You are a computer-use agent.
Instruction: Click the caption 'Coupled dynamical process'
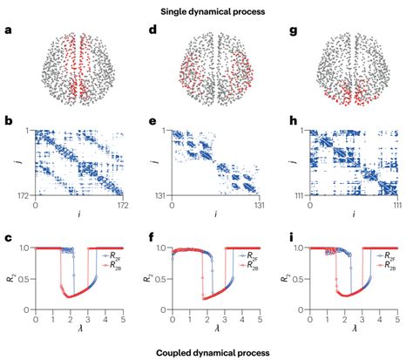point(206,351)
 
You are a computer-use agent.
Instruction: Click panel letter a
point(8,31)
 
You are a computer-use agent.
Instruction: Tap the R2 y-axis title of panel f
point(146,276)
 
